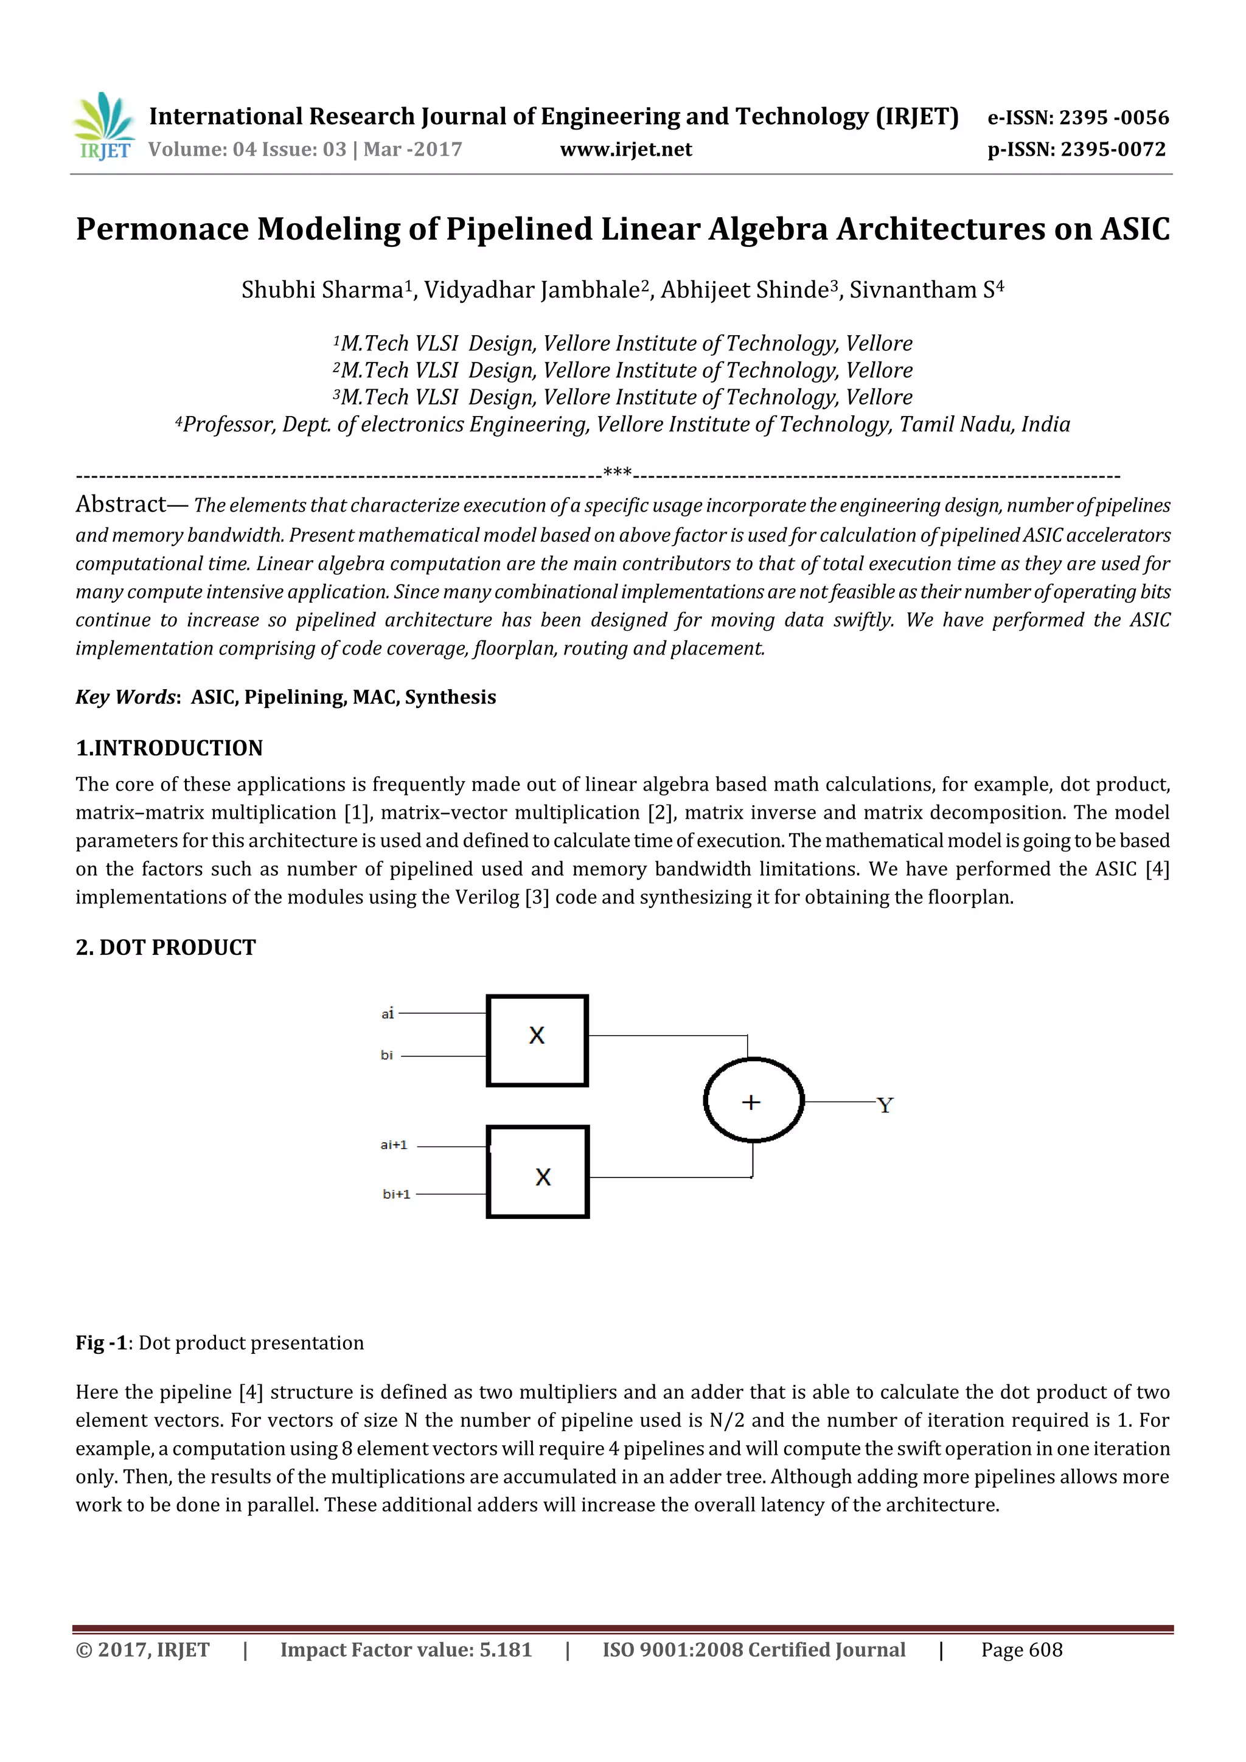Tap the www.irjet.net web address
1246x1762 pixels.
(x=625, y=150)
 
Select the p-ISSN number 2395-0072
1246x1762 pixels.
(x=1113, y=150)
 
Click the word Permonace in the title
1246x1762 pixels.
(x=162, y=229)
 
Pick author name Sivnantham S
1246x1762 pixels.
(x=921, y=290)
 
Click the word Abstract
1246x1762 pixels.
(x=120, y=504)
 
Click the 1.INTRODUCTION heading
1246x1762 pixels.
(x=169, y=747)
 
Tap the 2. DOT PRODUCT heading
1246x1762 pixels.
(x=165, y=947)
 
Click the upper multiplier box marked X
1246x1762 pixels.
(x=537, y=1041)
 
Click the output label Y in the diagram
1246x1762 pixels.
(x=885, y=1105)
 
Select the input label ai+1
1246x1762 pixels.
(x=394, y=1145)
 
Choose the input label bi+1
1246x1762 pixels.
(x=396, y=1194)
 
